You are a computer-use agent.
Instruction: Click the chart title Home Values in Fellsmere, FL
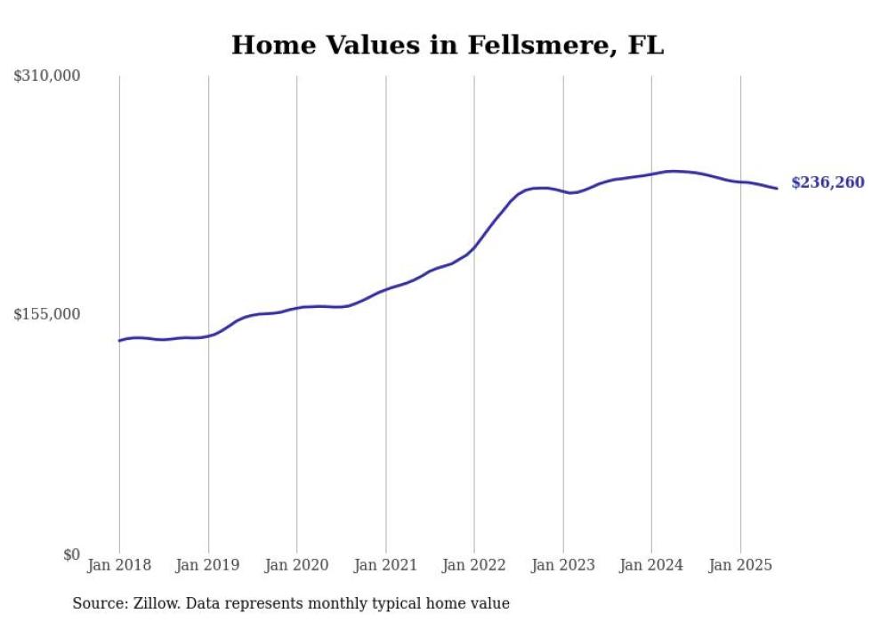[448, 45]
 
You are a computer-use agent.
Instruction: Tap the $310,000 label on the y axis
[47, 77]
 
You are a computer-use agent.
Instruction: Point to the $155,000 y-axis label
[47, 314]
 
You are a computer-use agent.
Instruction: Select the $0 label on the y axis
[70, 554]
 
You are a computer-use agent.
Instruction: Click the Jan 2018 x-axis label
[119, 565]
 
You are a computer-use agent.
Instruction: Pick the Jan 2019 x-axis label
[208, 565]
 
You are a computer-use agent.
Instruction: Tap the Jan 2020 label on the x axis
[297, 565]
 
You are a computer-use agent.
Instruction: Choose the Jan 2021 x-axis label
[385, 565]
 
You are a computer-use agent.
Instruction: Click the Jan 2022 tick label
[474, 565]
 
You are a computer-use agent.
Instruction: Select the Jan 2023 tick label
[563, 565]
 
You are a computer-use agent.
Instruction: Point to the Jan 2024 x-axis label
[651, 565]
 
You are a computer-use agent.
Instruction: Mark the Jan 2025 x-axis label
[740, 565]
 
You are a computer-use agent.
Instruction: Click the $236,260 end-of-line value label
[828, 182]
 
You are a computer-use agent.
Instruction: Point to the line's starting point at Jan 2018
[119, 341]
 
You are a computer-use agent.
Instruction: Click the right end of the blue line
[777, 188]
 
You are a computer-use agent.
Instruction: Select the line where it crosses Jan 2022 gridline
[474, 247]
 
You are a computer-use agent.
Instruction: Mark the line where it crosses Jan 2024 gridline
[651, 174]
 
